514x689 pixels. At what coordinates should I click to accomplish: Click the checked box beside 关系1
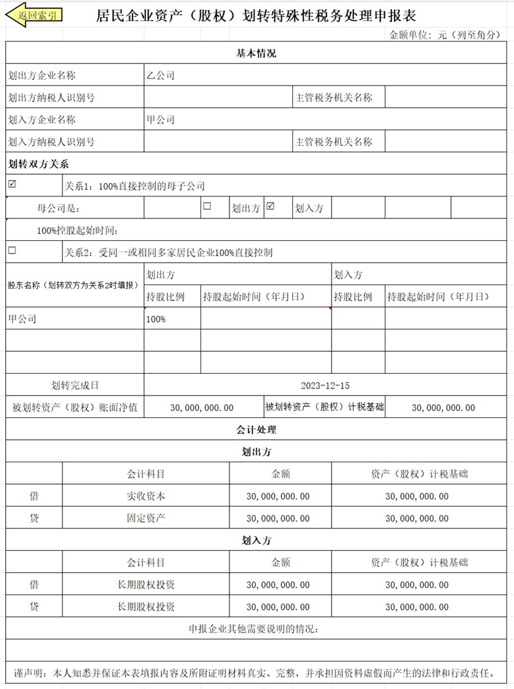[12, 184]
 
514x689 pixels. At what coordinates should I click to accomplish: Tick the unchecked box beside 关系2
[12, 250]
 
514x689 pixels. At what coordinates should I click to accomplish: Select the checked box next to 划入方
[270, 206]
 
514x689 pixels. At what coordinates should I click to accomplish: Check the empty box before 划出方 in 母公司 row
[207, 206]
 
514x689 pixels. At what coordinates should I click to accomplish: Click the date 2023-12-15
[325, 386]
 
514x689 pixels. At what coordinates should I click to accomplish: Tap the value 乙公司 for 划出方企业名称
[160, 76]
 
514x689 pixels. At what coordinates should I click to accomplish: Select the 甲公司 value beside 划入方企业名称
[160, 119]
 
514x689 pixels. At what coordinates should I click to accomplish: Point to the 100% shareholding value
[155, 319]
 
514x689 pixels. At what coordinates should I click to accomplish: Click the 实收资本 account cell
[146, 496]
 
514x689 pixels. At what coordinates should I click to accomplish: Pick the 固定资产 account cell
[146, 518]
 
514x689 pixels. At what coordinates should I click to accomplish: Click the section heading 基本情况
[256, 54]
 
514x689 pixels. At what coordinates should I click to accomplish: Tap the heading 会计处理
[256, 430]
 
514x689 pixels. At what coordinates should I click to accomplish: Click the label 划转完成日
[75, 386]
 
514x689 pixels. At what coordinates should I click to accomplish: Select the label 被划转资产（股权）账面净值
[75, 407]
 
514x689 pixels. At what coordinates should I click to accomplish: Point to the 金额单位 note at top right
[445, 35]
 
